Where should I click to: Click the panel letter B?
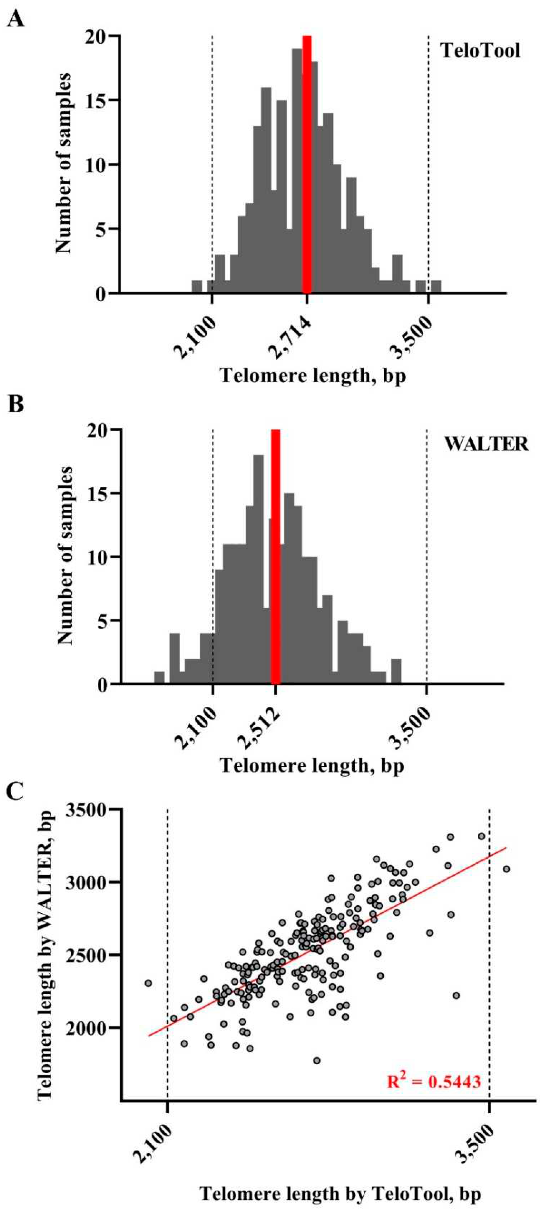(x=17, y=405)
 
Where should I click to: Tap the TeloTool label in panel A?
(x=480, y=51)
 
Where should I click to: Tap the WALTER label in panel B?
(x=487, y=444)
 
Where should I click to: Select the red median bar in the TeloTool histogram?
(x=307, y=165)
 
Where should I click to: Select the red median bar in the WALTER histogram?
(x=276, y=557)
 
